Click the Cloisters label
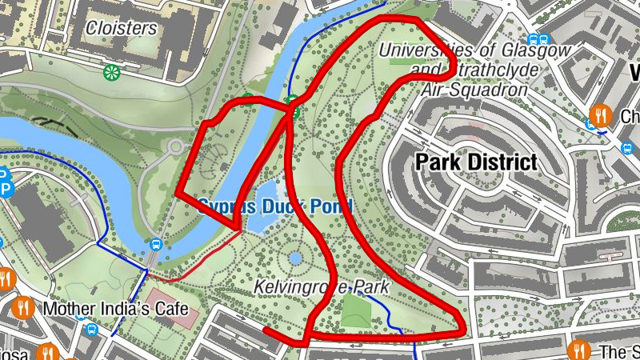[x=121, y=28]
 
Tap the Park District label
[x=476, y=162]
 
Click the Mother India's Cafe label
[x=116, y=309]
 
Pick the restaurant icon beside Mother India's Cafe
[x=23, y=307]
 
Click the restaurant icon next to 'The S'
[x=578, y=350]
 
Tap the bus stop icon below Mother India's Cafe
[x=92, y=329]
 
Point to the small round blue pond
[x=295, y=258]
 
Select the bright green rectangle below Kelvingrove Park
[x=357, y=312]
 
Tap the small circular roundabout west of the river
[x=175, y=147]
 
